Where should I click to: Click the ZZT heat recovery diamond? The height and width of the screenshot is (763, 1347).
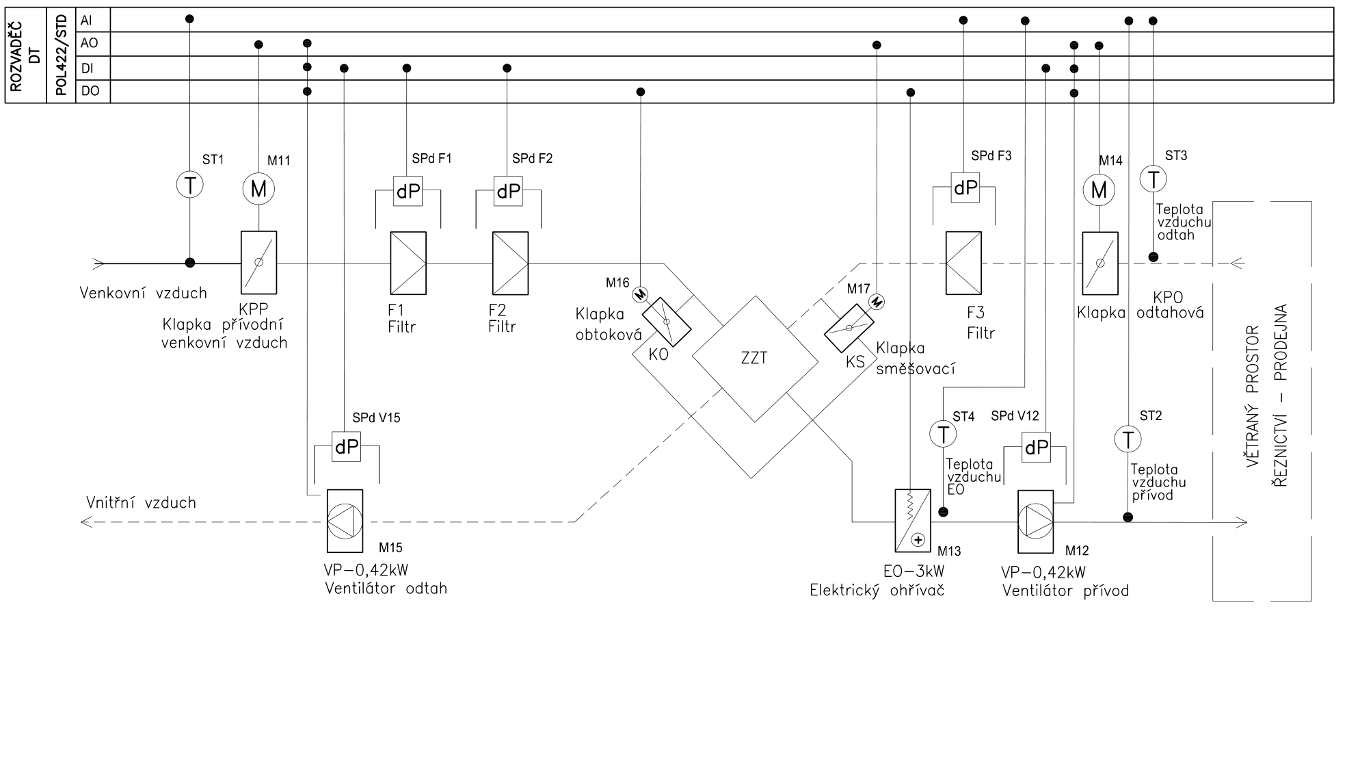pos(755,359)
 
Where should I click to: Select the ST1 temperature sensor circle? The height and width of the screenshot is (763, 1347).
pos(190,185)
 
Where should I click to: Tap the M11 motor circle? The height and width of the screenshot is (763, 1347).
pos(258,188)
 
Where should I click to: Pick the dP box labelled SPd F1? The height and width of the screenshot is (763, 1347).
pos(408,192)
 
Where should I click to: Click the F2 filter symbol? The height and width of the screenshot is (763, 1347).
pos(510,263)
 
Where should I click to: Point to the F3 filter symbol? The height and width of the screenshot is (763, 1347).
pos(963,263)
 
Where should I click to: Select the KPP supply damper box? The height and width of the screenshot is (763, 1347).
pos(258,262)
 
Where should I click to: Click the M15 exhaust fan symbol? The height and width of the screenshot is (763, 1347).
pos(345,521)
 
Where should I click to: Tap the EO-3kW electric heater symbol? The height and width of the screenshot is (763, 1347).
pos(912,521)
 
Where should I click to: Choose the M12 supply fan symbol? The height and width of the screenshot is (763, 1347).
pos(1035,521)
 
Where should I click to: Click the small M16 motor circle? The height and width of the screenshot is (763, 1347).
pos(640,294)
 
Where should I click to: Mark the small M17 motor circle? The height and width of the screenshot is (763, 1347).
pos(876,301)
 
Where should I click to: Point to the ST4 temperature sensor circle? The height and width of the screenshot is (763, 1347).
pos(943,434)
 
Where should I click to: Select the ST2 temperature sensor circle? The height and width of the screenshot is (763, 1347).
pos(1128,439)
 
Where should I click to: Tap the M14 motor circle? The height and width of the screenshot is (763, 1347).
pos(1099,189)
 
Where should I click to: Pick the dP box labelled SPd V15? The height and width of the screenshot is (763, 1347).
pos(346,447)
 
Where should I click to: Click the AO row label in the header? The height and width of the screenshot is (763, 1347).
pos(90,44)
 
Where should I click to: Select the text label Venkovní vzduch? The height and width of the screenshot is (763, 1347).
pos(143,294)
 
